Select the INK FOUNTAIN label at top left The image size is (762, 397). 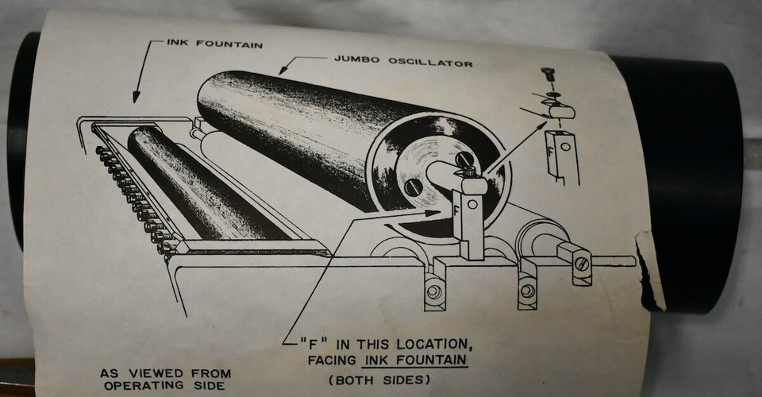(214, 44)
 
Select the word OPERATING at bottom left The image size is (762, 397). (140, 387)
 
